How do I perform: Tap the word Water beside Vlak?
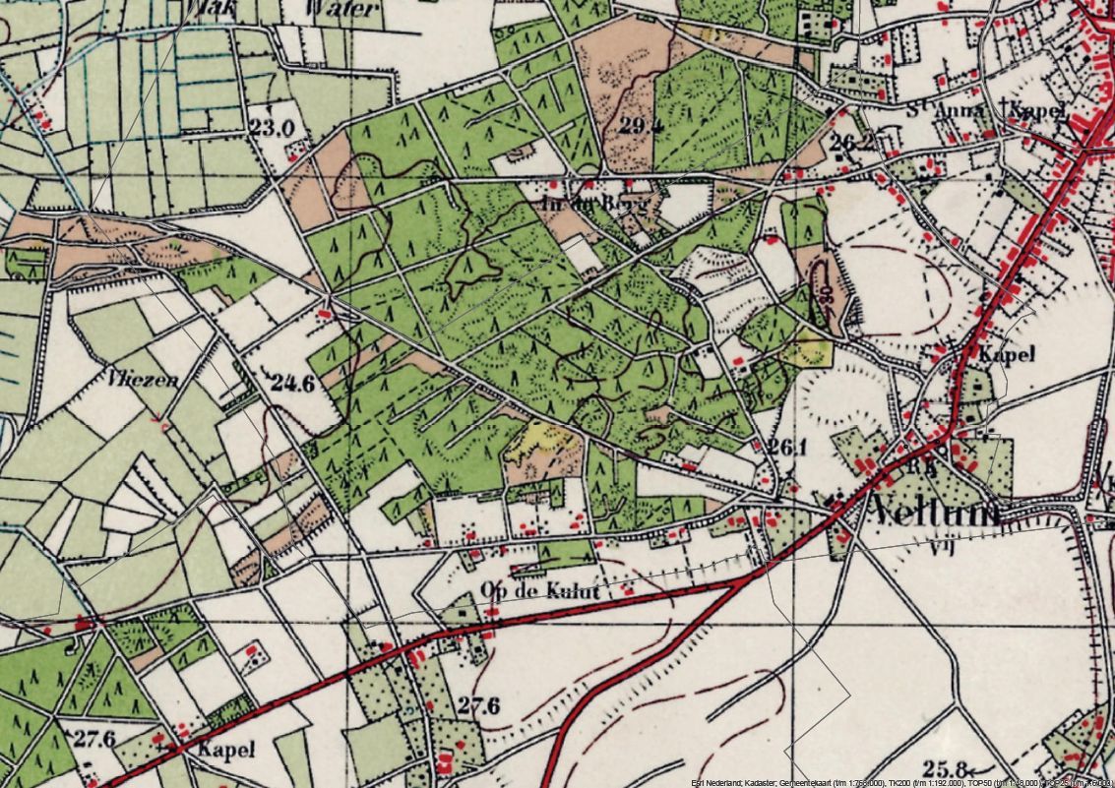pos(342,9)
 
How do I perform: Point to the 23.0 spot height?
pos(272,127)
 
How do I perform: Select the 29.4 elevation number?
pos(640,124)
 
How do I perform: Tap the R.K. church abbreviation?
pos(920,468)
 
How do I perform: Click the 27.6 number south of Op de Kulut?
pos(478,705)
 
